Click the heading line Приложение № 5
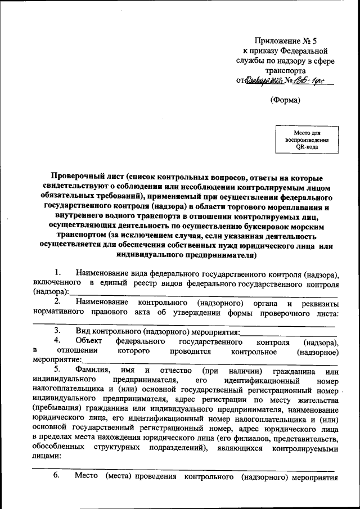(286, 41)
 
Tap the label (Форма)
(286, 100)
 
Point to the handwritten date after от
(264, 80)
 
